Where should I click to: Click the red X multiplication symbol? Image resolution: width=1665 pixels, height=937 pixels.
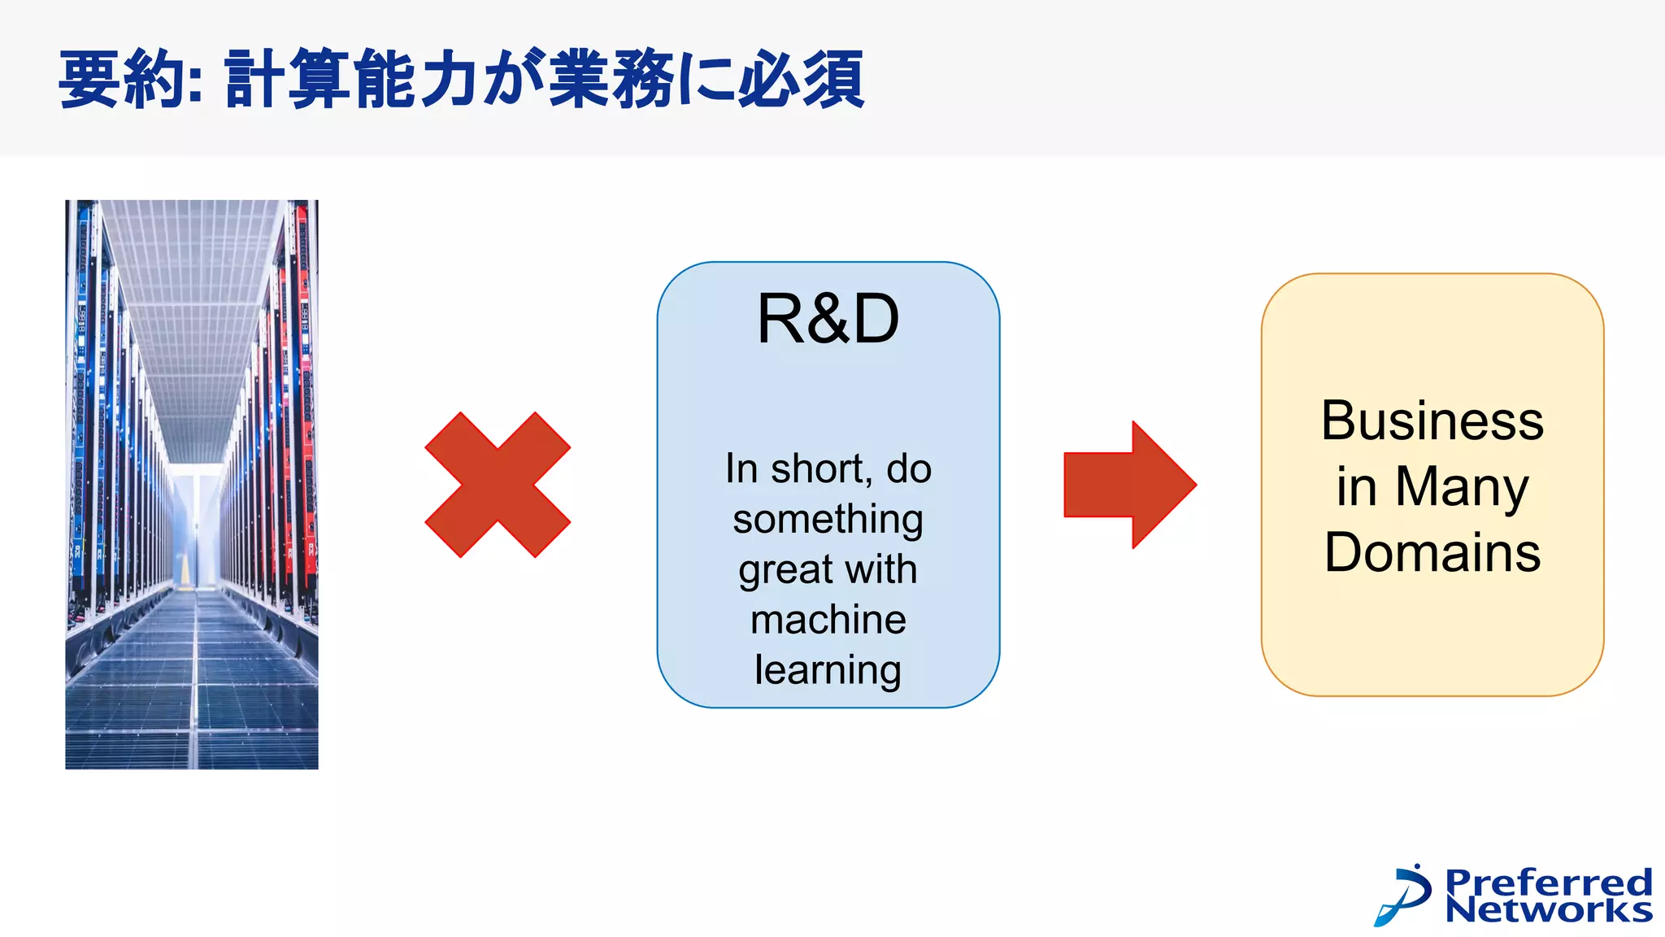498,485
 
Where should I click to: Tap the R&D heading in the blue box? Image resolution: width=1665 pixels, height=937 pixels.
828,319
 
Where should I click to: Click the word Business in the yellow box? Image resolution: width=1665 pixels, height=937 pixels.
1432,421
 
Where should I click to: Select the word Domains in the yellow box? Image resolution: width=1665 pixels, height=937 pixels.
1432,553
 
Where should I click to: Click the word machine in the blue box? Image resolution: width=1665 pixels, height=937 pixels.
828,620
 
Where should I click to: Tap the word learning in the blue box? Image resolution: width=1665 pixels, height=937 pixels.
828,670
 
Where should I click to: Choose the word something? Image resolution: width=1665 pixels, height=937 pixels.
828,519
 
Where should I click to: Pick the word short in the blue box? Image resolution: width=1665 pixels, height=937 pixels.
821,469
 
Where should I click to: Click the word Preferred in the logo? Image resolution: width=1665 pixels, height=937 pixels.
1548,882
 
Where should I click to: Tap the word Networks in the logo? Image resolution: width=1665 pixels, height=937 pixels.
1548,909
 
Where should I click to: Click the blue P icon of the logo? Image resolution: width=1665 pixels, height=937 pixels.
1405,895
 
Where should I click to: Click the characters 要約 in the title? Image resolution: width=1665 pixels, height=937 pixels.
122,79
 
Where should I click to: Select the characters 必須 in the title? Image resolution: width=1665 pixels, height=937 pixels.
800,79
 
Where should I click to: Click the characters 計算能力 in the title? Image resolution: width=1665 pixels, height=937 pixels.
350,79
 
